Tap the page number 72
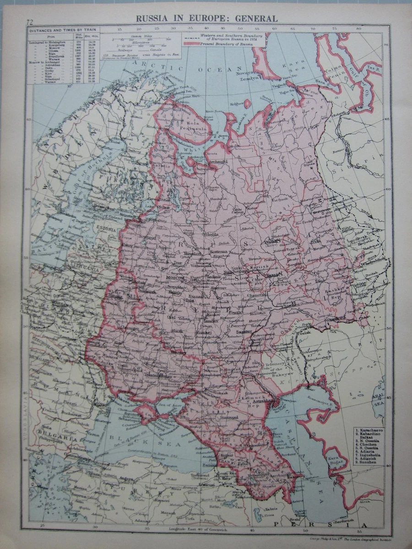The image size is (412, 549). point(30,22)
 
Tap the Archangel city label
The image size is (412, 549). point(217,161)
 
